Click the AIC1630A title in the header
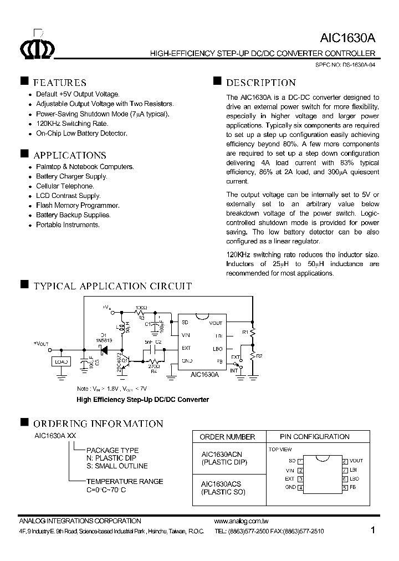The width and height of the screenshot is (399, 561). (348, 38)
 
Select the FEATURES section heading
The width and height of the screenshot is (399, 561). (60, 83)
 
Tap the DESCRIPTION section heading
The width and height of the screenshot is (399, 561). (260, 83)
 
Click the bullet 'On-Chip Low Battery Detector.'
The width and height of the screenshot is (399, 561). (81, 134)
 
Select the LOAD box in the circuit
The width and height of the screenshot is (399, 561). (62, 361)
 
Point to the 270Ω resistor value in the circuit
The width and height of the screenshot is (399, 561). (155, 366)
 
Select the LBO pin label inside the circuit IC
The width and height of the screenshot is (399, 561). (217, 349)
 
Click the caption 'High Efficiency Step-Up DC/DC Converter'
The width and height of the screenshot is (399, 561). (142, 399)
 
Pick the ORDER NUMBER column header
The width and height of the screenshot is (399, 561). (227, 437)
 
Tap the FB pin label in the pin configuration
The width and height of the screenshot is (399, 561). (353, 487)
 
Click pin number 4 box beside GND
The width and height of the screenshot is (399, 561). (300, 488)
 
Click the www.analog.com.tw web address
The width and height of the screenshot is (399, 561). (241, 521)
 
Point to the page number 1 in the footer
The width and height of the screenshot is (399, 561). (373, 530)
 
